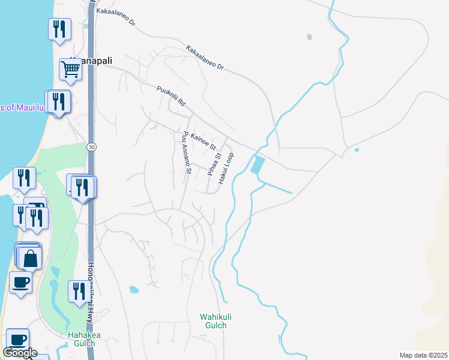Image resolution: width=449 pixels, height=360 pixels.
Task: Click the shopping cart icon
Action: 70,70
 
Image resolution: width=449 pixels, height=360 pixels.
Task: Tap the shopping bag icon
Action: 29,259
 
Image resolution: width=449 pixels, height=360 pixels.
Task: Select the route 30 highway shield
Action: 91,146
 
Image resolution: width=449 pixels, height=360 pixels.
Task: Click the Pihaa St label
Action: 210,164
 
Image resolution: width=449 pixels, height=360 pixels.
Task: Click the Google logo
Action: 20,353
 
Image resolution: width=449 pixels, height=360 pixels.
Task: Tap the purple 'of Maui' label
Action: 23,107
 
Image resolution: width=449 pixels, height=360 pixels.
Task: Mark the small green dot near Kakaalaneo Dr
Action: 309,37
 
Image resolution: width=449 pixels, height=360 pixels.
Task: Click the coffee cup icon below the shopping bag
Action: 20,282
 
